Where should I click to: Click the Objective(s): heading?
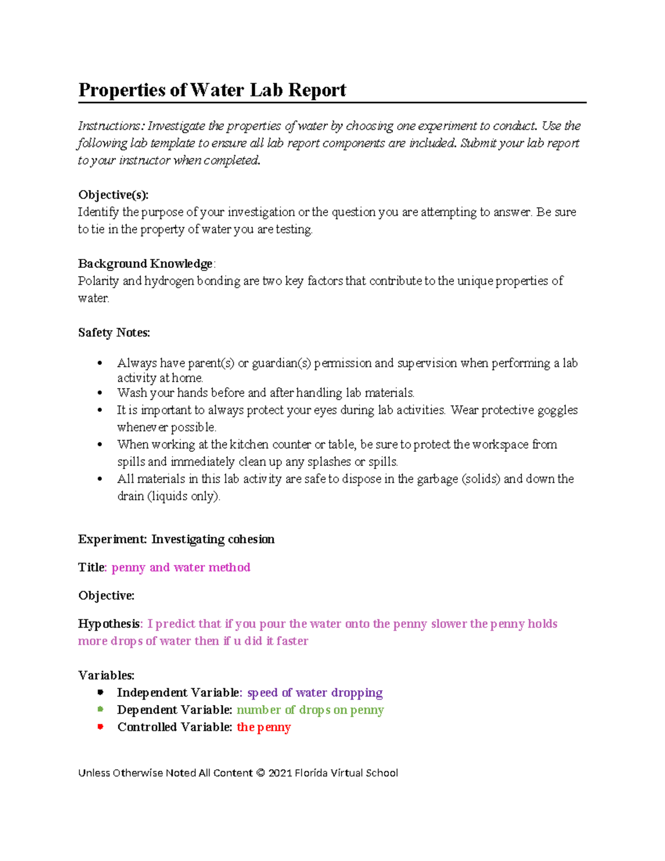click(x=113, y=195)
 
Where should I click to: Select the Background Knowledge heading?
click(x=145, y=263)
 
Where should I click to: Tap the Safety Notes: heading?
click(x=114, y=333)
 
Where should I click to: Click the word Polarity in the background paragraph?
click(x=98, y=281)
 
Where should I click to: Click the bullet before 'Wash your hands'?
click(x=100, y=393)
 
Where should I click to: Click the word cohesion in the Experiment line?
click(x=251, y=539)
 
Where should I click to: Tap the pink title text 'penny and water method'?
click(x=181, y=568)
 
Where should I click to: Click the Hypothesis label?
click(x=109, y=624)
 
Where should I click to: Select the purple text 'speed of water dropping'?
click(x=314, y=693)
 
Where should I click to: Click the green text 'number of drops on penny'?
click(x=310, y=710)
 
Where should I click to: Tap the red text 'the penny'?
click(x=264, y=727)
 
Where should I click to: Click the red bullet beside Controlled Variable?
click(x=100, y=727)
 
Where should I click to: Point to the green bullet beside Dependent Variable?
click(x=100, y=709)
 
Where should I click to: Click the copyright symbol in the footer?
click(x=260, y=773)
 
